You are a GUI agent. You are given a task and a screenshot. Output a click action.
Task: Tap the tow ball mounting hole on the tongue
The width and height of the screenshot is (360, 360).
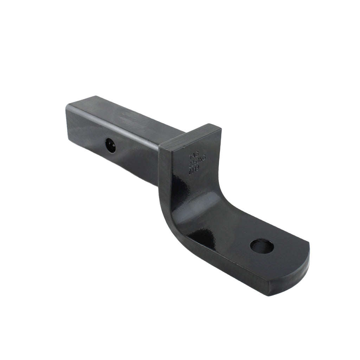[x=262, y=246]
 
